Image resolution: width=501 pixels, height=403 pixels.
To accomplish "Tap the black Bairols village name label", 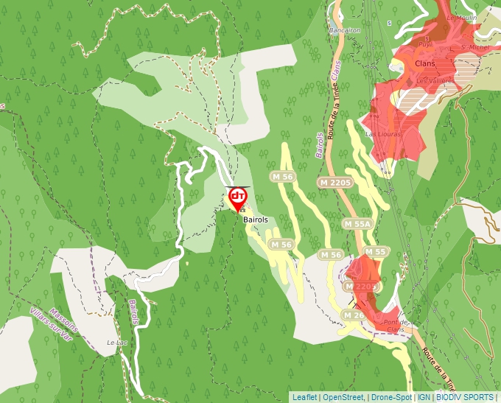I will click(x=253, y=219).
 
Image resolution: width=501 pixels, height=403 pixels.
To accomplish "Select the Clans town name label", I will click(x=415, y=63).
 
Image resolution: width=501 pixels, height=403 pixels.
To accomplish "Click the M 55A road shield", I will click(x=358, y=223).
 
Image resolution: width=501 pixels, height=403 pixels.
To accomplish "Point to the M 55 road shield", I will click(x=375, y=252).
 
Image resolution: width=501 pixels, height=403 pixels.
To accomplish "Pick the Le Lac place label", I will click(x=116, y=343).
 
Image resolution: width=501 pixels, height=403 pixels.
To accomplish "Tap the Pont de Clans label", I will click(x=396, y=326).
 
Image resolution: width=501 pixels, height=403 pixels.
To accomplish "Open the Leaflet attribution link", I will click(x=304, y=396).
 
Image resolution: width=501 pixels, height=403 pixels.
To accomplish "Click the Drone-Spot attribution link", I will click(x=392, y=396).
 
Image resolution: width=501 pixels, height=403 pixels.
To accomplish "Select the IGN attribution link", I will click(x=424, y=396).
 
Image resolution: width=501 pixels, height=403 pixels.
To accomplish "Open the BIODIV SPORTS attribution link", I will click(x=465, y=396).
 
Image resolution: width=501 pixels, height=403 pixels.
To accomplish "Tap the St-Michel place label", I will click(x=469, y=47).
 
